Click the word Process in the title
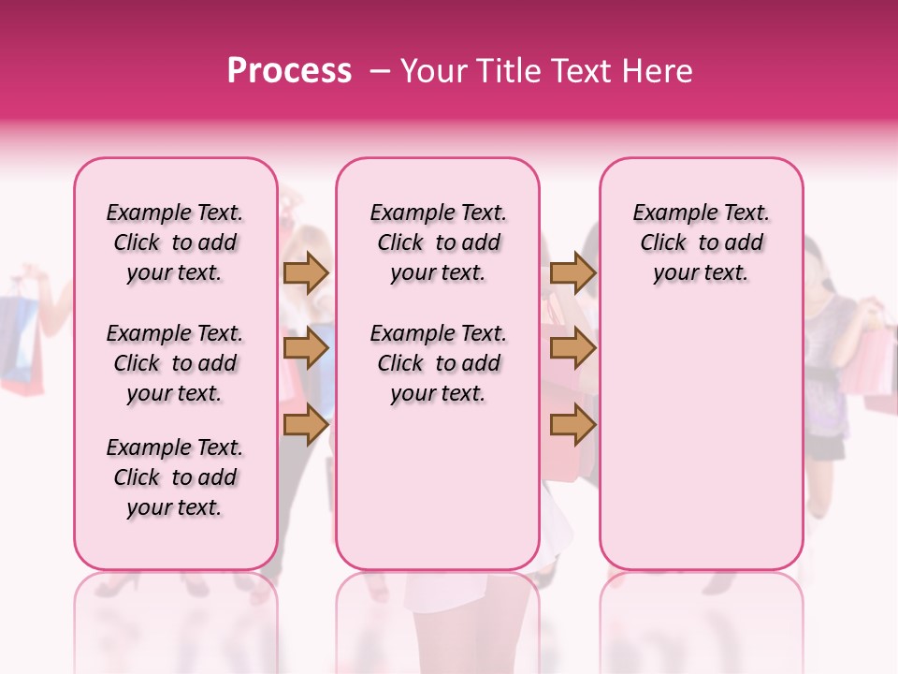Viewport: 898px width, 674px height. coord(289,71)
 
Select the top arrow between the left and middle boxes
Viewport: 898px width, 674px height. coord(306,272)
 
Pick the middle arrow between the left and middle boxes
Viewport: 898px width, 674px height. coord(306,349)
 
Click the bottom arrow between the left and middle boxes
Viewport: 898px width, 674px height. coord(306,424)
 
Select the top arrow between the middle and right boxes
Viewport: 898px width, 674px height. coord(572,272)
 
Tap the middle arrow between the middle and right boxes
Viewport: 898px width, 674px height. coord(572,349)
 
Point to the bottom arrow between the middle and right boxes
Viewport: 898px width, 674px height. coord(572,424)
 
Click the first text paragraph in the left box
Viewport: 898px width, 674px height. coord(175,242)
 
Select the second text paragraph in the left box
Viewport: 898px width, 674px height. coord(175,363)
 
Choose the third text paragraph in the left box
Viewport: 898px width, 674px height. coord(175,477)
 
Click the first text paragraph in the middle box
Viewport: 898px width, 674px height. coord(438,242)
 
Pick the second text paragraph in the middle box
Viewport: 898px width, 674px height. coord(438,363)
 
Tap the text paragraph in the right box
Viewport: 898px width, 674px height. coord(701,242)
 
